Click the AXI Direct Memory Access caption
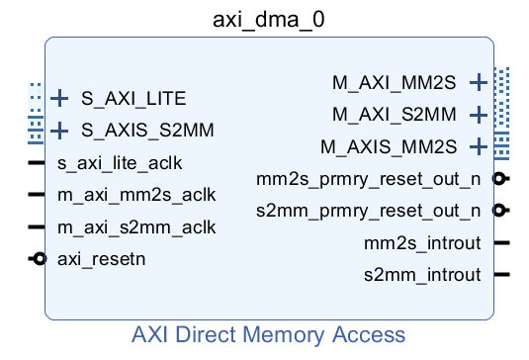click(x=269, y=334)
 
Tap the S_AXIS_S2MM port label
click(x=147, y=130)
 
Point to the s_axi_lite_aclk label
click(x=120, y=162)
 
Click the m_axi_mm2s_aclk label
click(x=136, y=195)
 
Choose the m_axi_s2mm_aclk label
click(x=136, y=226)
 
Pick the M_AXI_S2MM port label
click(x=395, y=115)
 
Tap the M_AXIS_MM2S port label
click(x=389, y=147)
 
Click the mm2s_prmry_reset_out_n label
click(x=368, y=179)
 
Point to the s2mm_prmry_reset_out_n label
click(x=368, y=211)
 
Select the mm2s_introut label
click(x=422, y=242)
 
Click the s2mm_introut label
click(x=422, y=275)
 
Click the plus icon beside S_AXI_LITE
click(x=60, y=98)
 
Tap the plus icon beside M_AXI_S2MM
click(x=479, y=115)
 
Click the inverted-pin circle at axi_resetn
click(x=39, y=259)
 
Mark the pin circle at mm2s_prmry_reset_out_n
click(x=501, y=178)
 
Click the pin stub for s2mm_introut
click(x=501, y=275)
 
